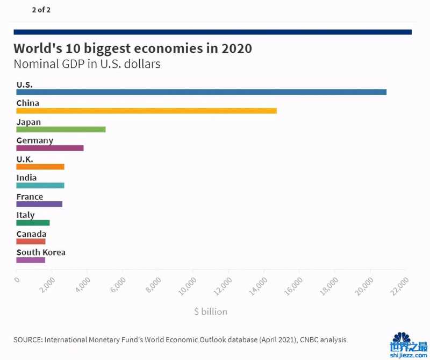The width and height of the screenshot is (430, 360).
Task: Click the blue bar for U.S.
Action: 201,92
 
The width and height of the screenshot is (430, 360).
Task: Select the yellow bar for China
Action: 146,111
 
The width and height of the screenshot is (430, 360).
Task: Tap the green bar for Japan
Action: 61,129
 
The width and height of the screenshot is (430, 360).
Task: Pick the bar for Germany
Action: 50,148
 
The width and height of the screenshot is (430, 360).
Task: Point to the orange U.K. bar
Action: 40,167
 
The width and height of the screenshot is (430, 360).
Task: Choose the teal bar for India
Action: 40,185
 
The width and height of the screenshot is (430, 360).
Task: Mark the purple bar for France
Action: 39,204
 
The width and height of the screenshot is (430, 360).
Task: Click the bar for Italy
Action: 33,223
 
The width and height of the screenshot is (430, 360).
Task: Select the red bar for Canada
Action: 31,242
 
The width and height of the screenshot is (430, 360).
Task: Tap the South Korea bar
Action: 31,260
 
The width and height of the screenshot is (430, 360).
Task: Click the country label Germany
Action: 35,140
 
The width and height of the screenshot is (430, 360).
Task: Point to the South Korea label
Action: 41,252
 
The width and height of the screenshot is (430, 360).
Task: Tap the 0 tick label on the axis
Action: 17,279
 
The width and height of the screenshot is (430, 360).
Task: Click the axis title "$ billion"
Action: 211,312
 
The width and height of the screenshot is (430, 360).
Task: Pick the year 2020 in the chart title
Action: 237,48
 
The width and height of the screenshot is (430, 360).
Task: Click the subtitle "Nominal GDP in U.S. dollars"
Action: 87,64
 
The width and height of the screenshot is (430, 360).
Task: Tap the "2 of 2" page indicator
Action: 41,10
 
